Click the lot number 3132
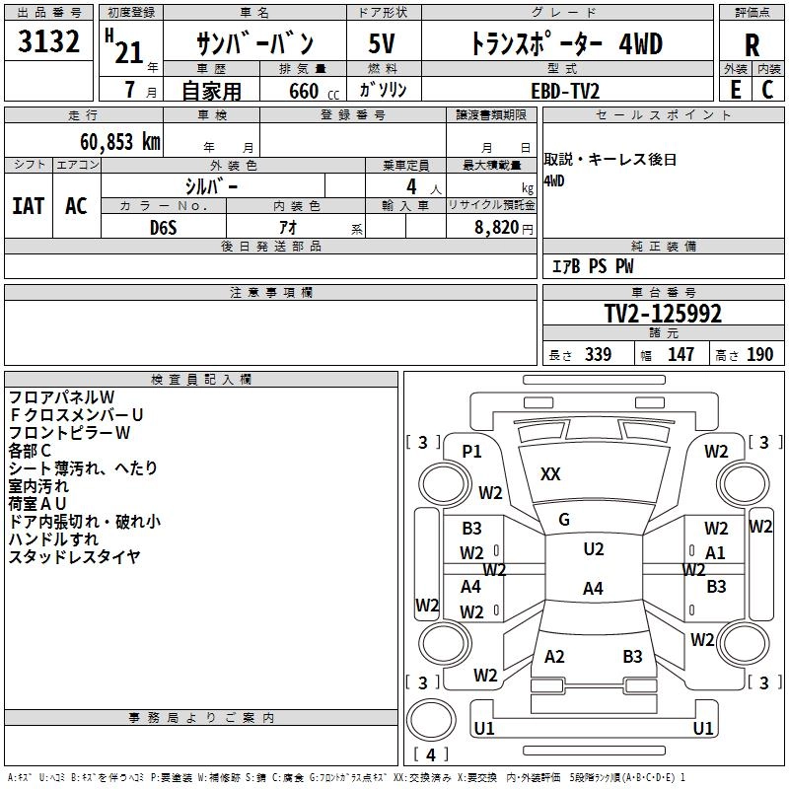pyautogui.click(x=49, y=42)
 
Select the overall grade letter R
pyautogui.click(x=752, y=45)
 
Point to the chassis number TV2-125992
pyautogui.click(x=663, y=315)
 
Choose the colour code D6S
pyautogui.click(x=163, y=227)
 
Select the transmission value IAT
pyautogui.click(x=28, y=206)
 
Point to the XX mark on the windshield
pyautogui.click(x=550, y=474)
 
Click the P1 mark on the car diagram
pyautogui.click(x=471, y=452)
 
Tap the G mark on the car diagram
pyautogui.click(x=564, y=520)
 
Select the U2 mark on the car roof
pyautogui.click(x=593, y=549)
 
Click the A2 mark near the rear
pyautogui.click(x=554, y=657)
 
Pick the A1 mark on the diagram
pyautogui.click(x=715, y=553)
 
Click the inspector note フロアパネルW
pyautogui.click(x=62, y=397)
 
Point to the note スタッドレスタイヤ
pyautogui.click(x=74, y=557)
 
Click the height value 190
pyautogui.click(x=760, y=354)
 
